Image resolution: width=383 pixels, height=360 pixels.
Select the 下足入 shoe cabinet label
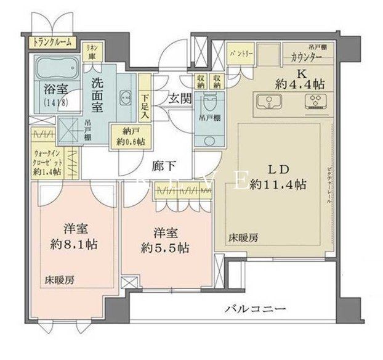click(x=144, y=104)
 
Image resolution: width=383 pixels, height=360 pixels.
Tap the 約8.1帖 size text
click(x=73, y=243)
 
